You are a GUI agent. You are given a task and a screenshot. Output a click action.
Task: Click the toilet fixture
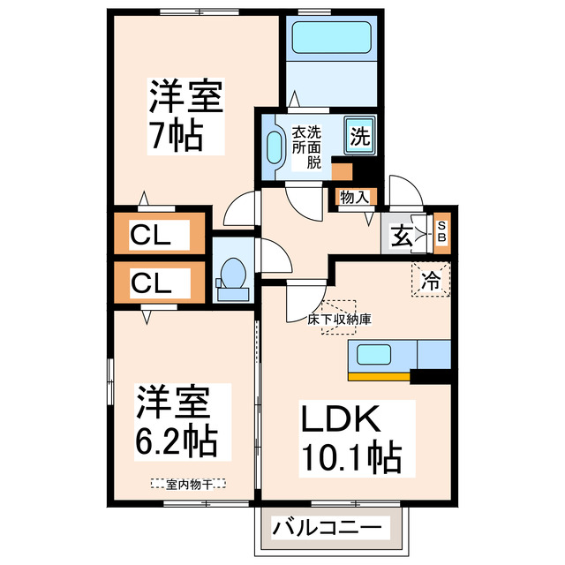click(x=233, y=276)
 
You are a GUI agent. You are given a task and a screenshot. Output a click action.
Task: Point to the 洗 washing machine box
click(x=359, y=137)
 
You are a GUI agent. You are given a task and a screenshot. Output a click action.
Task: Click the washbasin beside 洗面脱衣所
click(x=273, y=144)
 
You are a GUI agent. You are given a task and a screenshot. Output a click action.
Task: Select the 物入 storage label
click(x=354, y=198)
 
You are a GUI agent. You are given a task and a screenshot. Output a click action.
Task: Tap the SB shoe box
click(x=442, y=232)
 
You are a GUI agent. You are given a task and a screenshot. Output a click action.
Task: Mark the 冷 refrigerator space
click(x=431, y=282)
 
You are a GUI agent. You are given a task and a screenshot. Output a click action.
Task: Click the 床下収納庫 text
click(x=338, y=319)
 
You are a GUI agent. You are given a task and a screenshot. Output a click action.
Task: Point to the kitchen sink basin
click(x=373, y=355)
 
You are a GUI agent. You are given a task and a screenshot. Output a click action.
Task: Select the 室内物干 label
click(x=187, y=483)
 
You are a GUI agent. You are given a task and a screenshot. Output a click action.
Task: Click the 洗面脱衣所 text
click(x=306, y=147)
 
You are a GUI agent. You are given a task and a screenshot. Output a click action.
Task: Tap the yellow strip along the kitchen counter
click(x=380, y=376)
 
